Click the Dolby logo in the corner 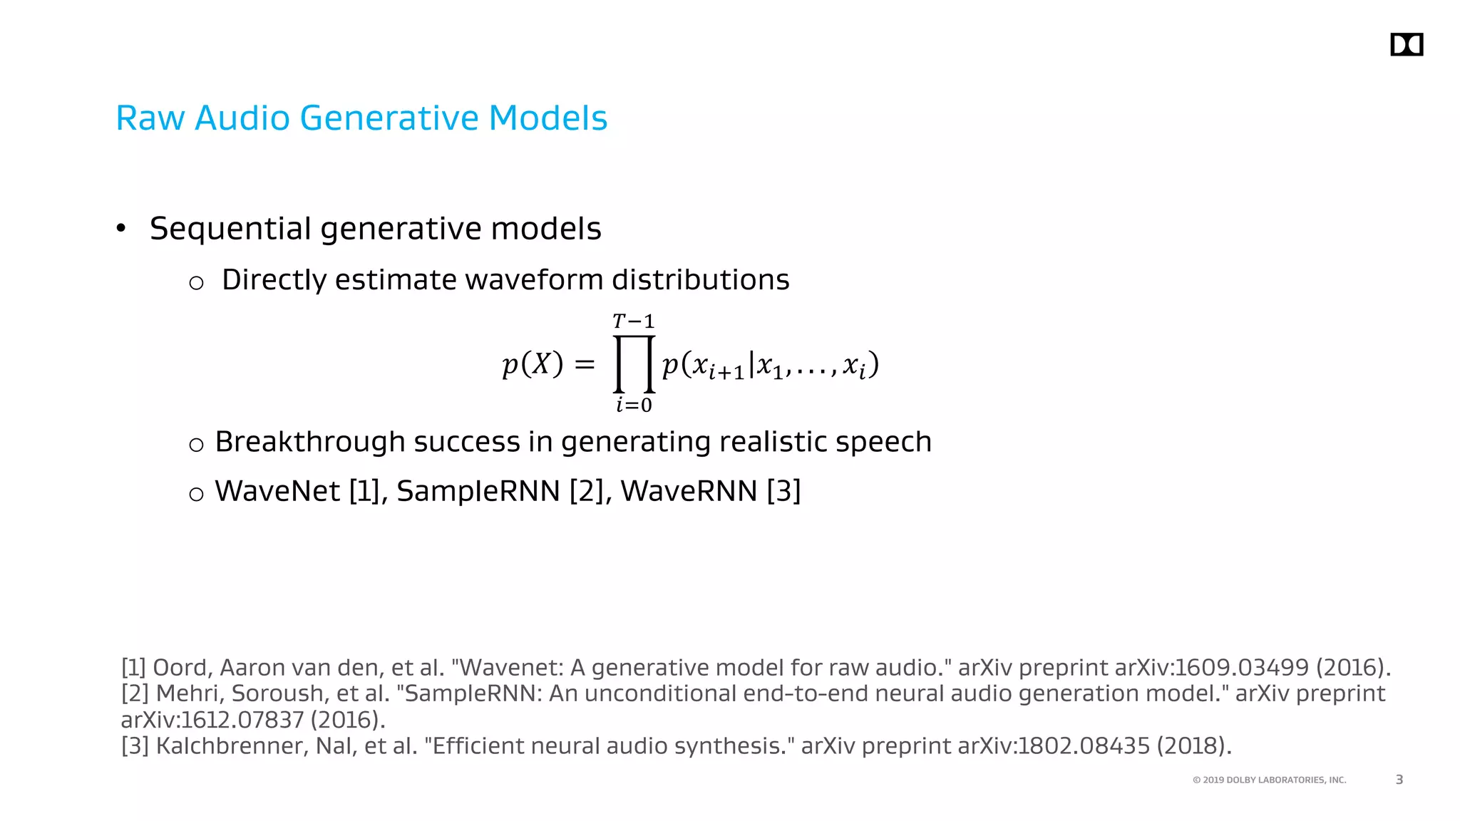click(1406, 45)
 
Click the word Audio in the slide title click(242, 118)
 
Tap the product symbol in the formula click(634, 364)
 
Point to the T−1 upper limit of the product click(633, 321)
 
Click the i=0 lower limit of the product click(634, 406)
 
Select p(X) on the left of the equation click(533, 364)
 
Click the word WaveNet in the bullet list click(277, 491)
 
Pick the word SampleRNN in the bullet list click(478, 491)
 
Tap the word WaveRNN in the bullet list click(689, 491)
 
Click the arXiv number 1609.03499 click(1240, 668)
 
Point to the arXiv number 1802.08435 click(1084, 746)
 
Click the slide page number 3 click(1399, 780)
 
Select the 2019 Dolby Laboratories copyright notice click(1269, 780)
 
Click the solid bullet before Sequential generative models click(121, 229)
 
